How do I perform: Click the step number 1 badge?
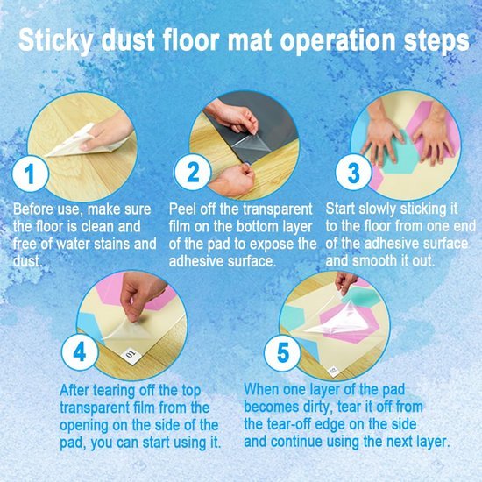pos(30,174)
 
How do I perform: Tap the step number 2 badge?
pos(193,173)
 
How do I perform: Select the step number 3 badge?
pos(353,173)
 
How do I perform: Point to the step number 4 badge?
pos(80,351)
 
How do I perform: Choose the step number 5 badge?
pos(282,352)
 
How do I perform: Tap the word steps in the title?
pos(436,41)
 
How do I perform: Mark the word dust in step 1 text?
pos(27,261)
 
